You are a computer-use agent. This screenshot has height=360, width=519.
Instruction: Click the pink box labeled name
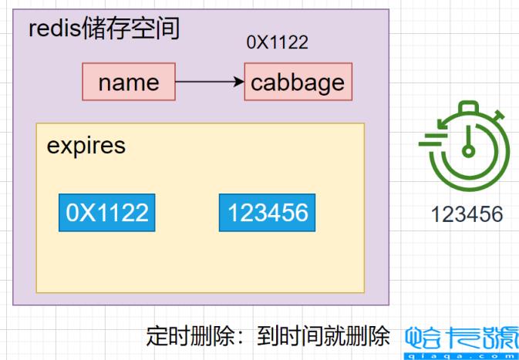(x=129, y=82)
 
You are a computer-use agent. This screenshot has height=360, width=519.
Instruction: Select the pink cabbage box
(x=298, y=82)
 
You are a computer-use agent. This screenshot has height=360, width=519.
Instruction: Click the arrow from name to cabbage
(x=208, y=81)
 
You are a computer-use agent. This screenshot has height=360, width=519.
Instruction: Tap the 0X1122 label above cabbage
(x=277, y=43)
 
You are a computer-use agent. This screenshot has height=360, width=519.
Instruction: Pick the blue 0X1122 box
(x=107, y=212)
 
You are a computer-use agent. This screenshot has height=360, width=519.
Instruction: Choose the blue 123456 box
(x=268, y=212)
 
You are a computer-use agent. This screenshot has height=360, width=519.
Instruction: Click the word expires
(x=86, y=146)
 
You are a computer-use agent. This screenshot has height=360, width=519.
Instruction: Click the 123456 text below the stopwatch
(x=467, y=214)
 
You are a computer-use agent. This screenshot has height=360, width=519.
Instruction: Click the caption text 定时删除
(x=177, y=336)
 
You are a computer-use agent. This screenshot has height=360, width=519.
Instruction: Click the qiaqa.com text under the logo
(x=461, y=353)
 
